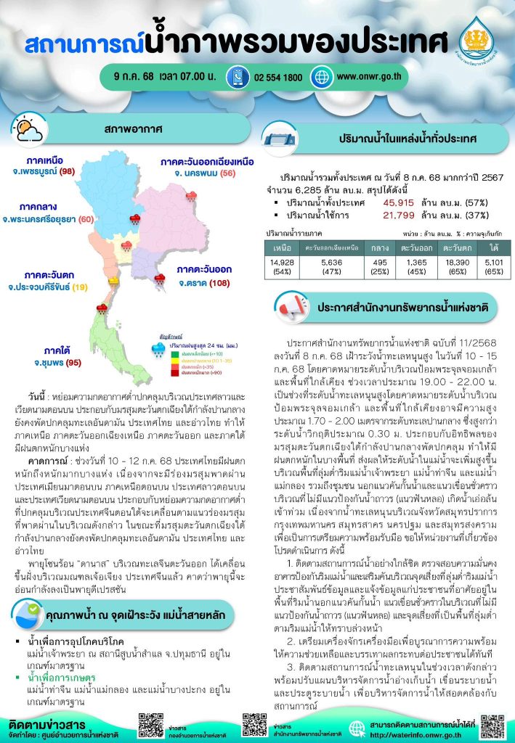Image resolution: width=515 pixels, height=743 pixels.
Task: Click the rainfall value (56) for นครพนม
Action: [x=228, y=173]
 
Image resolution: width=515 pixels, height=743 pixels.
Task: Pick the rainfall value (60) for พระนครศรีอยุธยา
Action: [x=86, y=218]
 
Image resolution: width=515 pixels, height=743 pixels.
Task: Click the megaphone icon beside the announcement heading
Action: [x=285, y=306]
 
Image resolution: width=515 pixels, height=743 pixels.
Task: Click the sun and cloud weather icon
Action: [x=29, y=130]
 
